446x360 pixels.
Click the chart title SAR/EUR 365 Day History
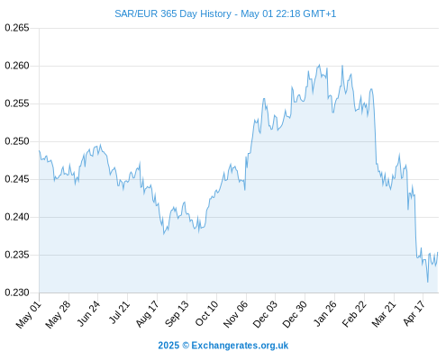point(173,13)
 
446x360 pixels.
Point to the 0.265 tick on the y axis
point(17,28)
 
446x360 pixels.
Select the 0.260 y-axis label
point(17,66)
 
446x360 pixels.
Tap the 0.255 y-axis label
point(17,103)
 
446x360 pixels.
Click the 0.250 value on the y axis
point(17,141)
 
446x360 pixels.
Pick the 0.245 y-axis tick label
point(17,179)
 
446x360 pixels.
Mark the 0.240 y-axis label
point(17,217)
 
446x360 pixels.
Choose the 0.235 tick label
point(17,255)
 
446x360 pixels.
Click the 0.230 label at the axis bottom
point(17,292)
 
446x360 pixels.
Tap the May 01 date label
point(28,315)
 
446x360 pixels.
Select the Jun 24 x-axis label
point(88,313)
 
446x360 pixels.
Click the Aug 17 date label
point(147,314)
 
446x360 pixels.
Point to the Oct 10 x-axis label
point(206,313)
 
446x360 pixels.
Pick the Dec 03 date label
point(265,314)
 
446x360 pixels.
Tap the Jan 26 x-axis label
point(325,313)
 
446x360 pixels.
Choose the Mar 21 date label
point(384,314)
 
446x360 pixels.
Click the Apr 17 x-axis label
point(414,313)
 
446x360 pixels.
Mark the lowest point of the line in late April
point(428,282)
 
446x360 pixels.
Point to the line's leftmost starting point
point(39,150)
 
